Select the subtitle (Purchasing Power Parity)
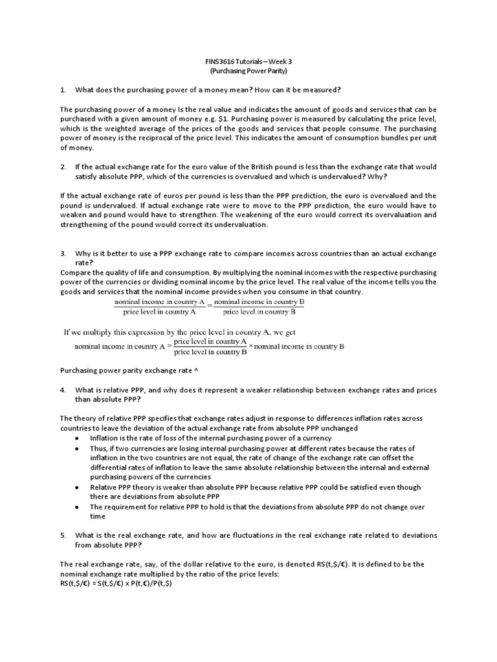pyautogui.click(x=248, y=71)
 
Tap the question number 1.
pyautogui.click(x=63, y=89)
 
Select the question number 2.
pyautogui.click(x=63, y=167)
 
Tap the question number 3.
pyautogui.click(x=63, y=253)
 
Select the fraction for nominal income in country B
pyautogui.click(x=259, y=307)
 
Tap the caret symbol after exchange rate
pyautogui.click(x=195, y=371)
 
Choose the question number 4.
pyautogui.click(x=63, y=390)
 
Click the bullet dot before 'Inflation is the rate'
pyautogui.click(x=78, y=438)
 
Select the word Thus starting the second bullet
pyautogui.click(x=98, y=447)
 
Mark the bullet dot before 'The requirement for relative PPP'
pyautogui.click(x=78, y=507)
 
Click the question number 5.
pyautogui.click(x=63, y=535)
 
